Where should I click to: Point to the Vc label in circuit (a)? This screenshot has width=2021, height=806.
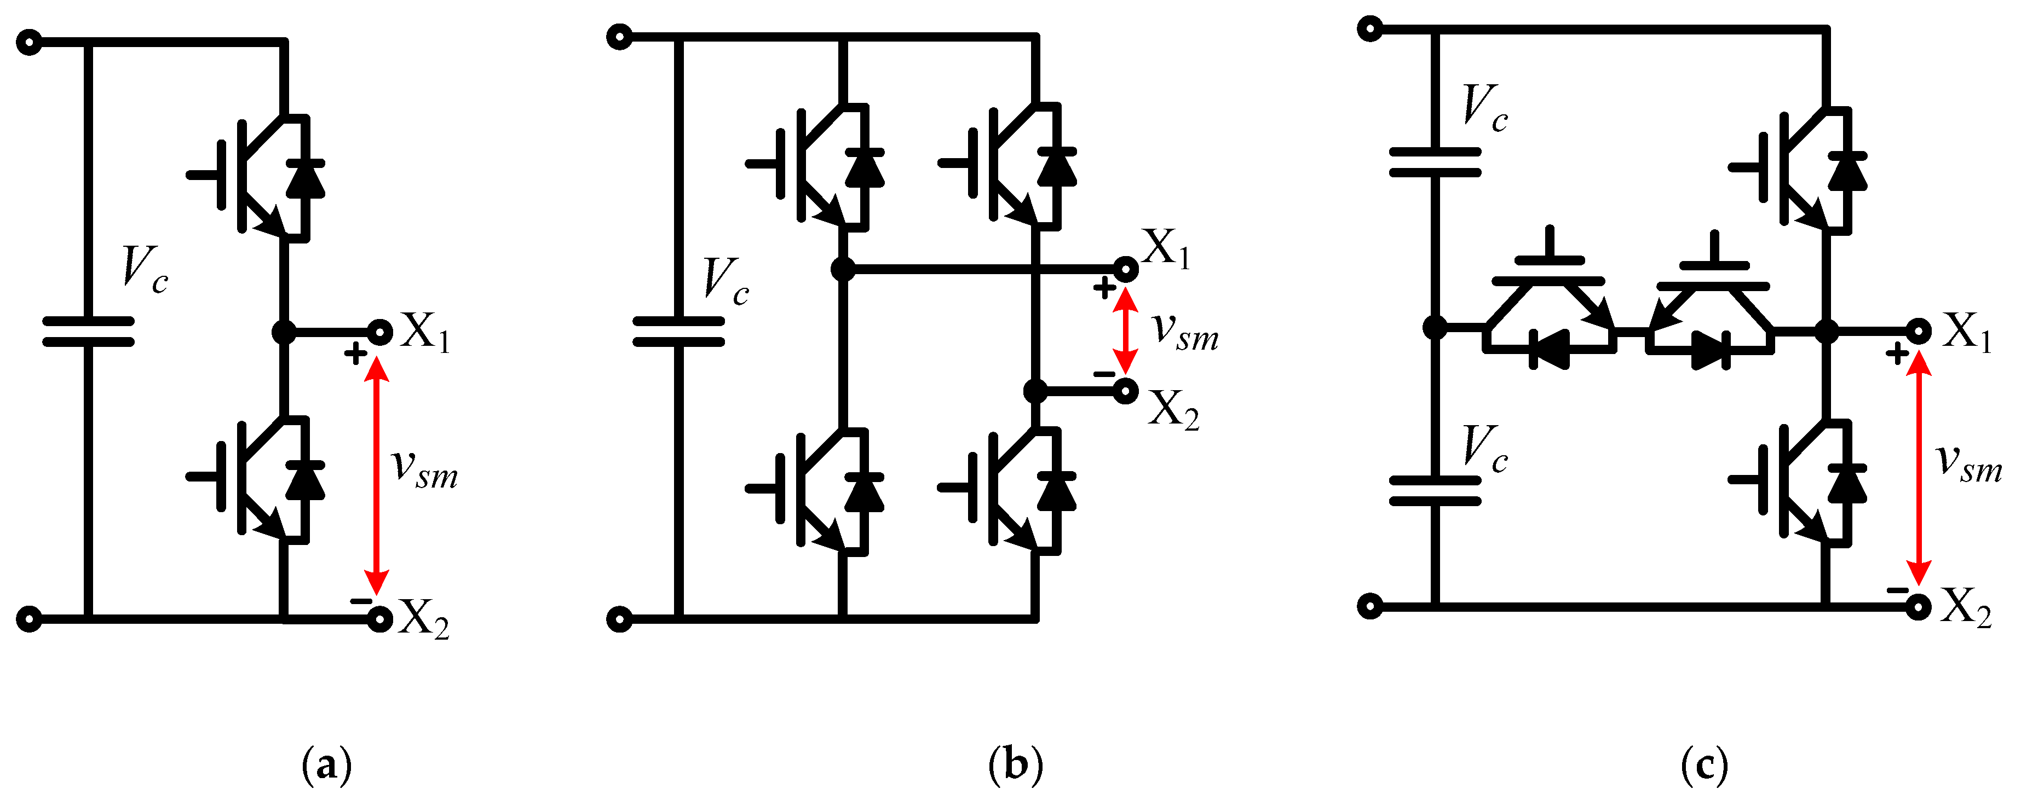point(145,270)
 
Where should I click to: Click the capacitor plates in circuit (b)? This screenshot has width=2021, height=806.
point(678,332)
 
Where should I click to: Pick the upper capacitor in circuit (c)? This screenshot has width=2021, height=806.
point(1435,161)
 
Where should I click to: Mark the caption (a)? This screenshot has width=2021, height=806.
point(326,764)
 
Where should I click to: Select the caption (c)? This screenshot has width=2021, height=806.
point(1704,764)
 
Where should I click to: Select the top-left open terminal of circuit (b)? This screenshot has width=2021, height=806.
point(620,37)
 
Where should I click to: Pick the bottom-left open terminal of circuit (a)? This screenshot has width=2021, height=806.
point(29,619)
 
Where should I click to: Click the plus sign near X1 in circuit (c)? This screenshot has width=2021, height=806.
point(1897,355)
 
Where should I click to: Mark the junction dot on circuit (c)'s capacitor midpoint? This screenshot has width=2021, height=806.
point(1435,328)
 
